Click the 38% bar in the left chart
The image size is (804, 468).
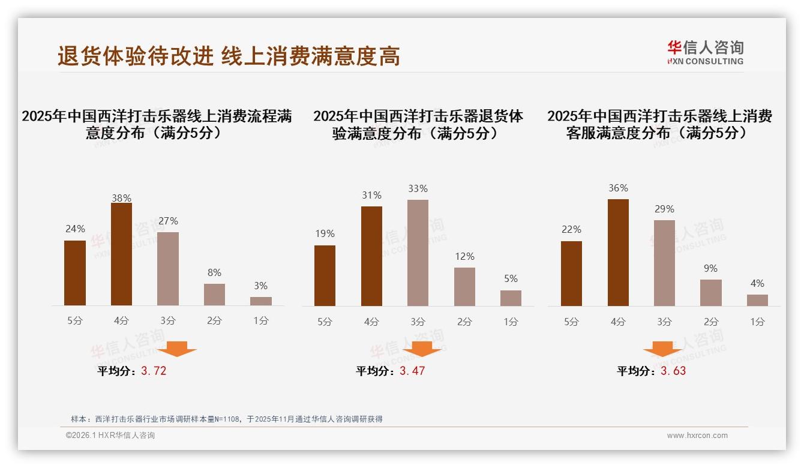click(x=121, y=254)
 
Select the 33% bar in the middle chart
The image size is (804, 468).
click(x=418, y=253)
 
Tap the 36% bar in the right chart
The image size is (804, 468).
click(x=618, y=253)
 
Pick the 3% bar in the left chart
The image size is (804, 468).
click(x=261, y=301)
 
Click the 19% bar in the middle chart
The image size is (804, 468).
click(x=325, y=275)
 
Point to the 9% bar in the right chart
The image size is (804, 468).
click(x=711, y=293)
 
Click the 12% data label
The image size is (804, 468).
click(x=464, y=256)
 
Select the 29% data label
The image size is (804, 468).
click(x=664, y=209)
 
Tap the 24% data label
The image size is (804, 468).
click(x=75, y=229)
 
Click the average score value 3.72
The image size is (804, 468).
click(x=154, y=371)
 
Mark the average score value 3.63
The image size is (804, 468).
click(x=673, y=371)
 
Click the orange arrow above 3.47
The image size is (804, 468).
click(x=422, y=349)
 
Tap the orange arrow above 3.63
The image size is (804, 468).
click(x=662, y=349)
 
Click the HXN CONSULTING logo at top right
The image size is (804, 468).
click(x=705, y=53)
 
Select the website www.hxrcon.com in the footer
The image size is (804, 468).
click(x=697, y=436)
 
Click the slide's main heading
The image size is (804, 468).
click(x=229, y=56)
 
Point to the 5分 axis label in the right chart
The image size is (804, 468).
click(x=571, y=322)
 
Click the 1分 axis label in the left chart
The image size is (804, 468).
click(x=261, y=321)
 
